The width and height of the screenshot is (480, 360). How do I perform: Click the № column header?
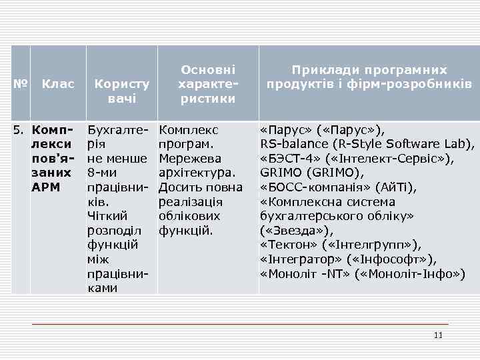click(20, 85)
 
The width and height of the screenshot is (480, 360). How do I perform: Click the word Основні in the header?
click(208, 70)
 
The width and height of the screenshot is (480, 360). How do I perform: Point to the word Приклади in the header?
click(323, 70)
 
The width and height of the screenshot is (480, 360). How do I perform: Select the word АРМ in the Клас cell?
click(46, 187)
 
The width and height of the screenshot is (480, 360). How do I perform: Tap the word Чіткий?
click(107, 216)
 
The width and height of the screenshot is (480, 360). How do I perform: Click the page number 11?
click(437, 335)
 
